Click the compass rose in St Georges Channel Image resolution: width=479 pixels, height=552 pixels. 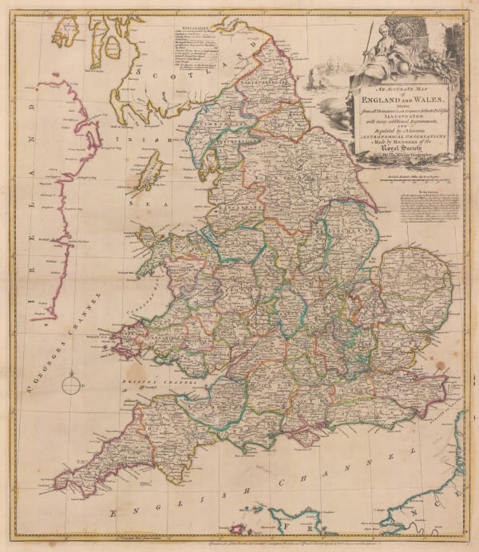[x=71, y=384]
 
